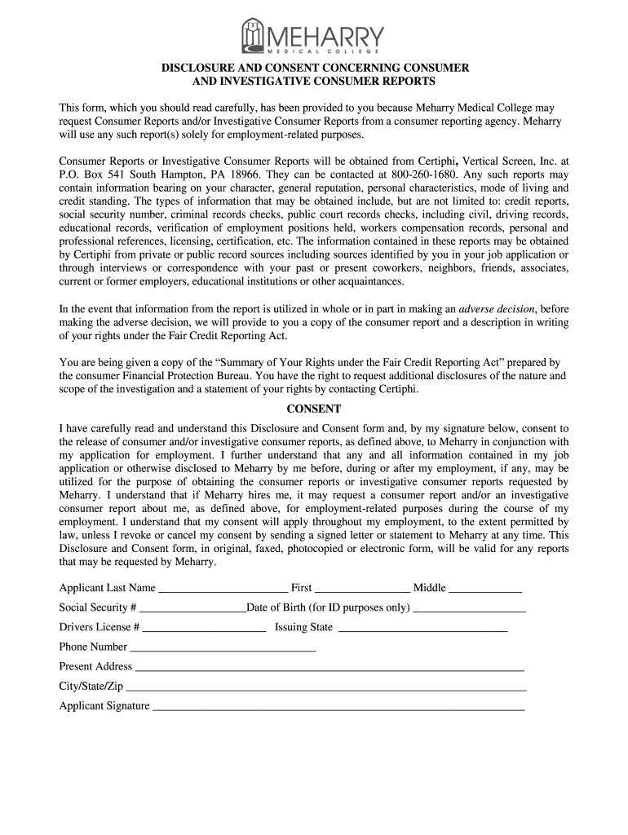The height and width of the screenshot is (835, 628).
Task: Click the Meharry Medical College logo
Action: click(x=313, y=37)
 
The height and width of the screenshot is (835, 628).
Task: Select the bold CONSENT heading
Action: click(x=313, y=409)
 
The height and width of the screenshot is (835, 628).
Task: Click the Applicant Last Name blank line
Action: click(x=223, y=589)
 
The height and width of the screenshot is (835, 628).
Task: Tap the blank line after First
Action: click(x=362, y=589)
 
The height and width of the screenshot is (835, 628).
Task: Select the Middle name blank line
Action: click(x=485, y=589)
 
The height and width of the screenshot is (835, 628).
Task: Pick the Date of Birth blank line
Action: click(x=470, y=608)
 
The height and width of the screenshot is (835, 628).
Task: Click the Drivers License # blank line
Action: click(x=205, y=628)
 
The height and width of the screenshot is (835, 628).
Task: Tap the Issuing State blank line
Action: click(x=422, y=628)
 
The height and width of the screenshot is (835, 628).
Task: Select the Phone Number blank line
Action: click(x=223, y=647)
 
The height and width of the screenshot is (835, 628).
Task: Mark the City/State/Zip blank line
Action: click(x=326, y=687)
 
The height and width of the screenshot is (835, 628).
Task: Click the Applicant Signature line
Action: click(x=338, y=707)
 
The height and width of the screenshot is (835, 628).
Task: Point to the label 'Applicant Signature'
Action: click(x=104, y=706)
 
